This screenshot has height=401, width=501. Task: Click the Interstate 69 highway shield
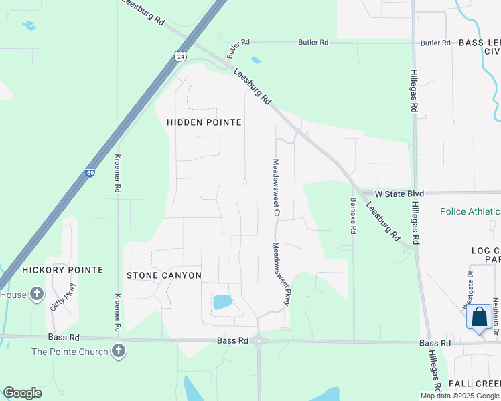90,173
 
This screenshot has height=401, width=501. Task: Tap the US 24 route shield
180,56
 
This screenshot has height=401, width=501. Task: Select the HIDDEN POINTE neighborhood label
204,122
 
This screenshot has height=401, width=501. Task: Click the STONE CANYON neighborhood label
164,275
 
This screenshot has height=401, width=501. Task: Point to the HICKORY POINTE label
62,270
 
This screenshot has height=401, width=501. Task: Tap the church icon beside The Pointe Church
119,350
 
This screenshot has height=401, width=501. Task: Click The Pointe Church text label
69,352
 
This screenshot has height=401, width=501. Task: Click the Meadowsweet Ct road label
275,187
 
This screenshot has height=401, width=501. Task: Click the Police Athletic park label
470,211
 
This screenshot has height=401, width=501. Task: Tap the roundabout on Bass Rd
259,341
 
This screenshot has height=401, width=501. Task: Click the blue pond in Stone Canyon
222,302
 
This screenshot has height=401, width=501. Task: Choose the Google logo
22,393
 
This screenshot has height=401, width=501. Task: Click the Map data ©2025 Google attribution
459,396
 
